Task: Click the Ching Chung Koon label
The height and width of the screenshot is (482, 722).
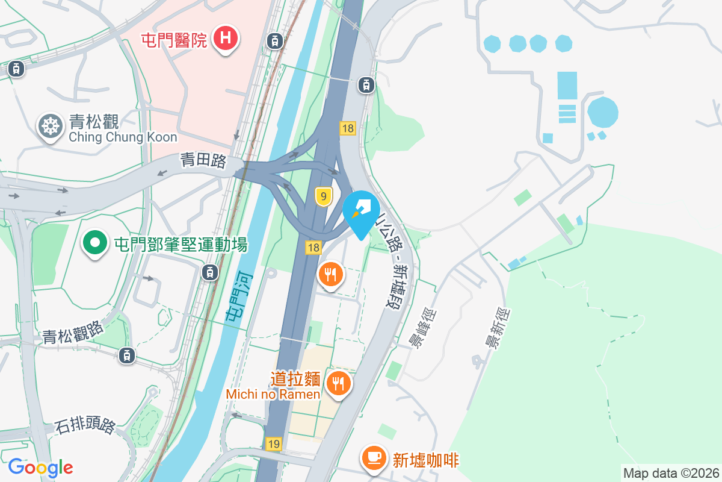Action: pyautogui.click(x=123, y=137)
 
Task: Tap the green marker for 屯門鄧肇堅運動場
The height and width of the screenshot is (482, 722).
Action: pyautogui.click(x=94, y=244)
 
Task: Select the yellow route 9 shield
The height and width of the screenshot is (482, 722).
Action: pyautogui.click(x=324, y=196)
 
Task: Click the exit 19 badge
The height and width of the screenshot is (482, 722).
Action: pyautogui.click(x=274, y=444)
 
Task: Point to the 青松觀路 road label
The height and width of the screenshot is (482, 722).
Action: pyautogui.click(x=73, y=333)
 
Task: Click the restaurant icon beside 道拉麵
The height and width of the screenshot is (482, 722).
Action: pyautogui.click(x=339, y=382)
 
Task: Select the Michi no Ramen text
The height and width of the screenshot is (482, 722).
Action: pyautogui.click(x=273, y=394)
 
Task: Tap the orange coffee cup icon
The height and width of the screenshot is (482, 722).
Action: pyautogui.click(x=374, y=459)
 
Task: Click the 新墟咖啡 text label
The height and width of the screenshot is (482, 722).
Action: pyautogui.click(x=426, y=460)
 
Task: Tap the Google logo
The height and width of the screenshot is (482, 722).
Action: pyautogui.click(x=40, y=468)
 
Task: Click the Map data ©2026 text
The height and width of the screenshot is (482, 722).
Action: pyautogui.click(x=671, y=473)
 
